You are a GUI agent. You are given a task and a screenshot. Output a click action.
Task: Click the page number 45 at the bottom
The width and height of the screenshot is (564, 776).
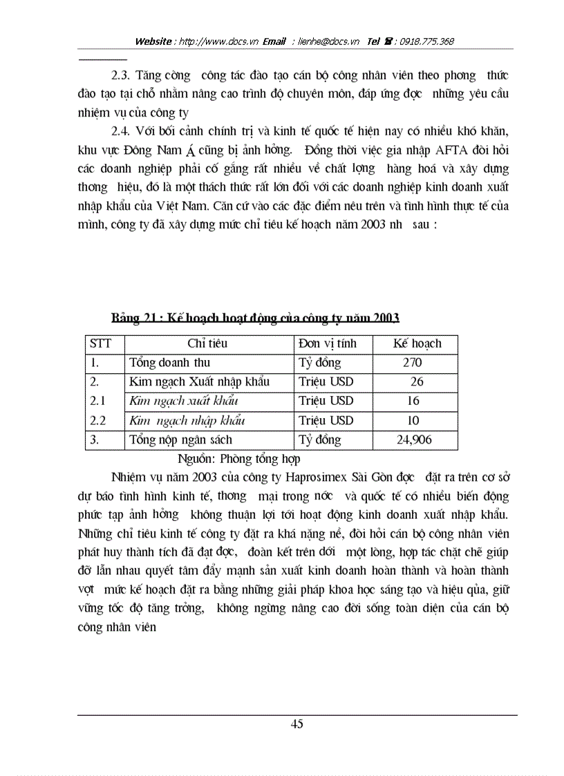tap(297, 724)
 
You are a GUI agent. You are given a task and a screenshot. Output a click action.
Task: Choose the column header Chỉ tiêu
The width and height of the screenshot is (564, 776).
tap(207, 343)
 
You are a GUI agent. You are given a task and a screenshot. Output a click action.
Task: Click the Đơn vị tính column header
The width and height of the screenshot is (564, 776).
tap(331, 343)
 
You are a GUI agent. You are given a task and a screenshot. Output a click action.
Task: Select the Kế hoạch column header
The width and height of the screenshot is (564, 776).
tap(417, 343)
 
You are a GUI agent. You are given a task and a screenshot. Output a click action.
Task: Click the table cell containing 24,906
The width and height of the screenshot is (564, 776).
tap(415, 439)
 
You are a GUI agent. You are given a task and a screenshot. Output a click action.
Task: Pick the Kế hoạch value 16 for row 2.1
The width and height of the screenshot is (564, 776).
tap(413, 401)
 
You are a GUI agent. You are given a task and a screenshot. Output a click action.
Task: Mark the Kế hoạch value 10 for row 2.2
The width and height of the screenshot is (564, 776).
tap(413, 420)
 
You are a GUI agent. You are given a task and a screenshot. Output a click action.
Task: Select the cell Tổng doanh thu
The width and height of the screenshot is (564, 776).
tap(170, 363)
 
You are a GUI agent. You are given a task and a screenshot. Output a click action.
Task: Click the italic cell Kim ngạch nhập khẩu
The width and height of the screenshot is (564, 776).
tap(187, 420)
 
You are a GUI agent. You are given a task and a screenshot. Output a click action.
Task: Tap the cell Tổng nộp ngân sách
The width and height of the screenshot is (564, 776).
tap(181, 439)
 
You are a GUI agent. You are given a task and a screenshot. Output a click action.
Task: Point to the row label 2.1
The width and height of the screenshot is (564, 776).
tap(99, 401)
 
